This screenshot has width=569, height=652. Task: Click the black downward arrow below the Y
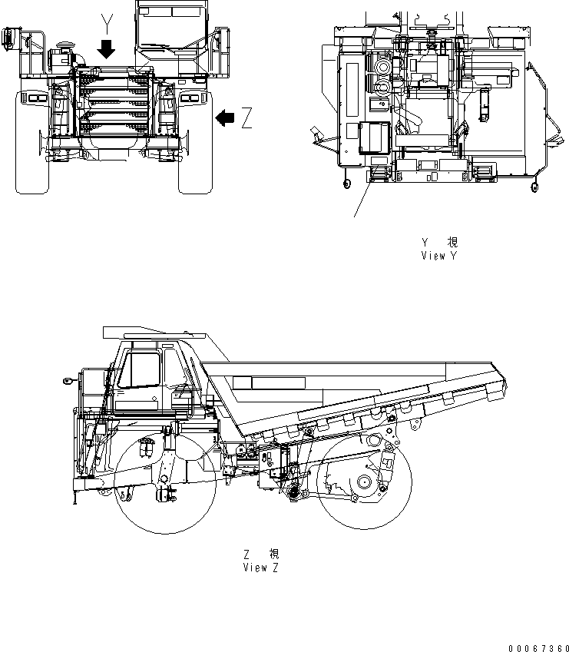pos(107,50)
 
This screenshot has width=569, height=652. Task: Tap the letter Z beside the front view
pos(246,118)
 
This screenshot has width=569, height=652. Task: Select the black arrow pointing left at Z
pos(225,117)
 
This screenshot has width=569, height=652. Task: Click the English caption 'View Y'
pos(438,256)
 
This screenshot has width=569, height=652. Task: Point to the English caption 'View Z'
pos(260,568)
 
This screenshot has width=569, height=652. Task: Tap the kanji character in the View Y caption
pos(451,243)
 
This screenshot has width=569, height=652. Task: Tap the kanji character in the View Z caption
pos(274,554)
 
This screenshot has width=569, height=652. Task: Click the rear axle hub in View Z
pos(364,484)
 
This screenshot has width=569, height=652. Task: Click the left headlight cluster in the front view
pos(35,98)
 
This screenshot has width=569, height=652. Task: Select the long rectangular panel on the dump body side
pos(269,383)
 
